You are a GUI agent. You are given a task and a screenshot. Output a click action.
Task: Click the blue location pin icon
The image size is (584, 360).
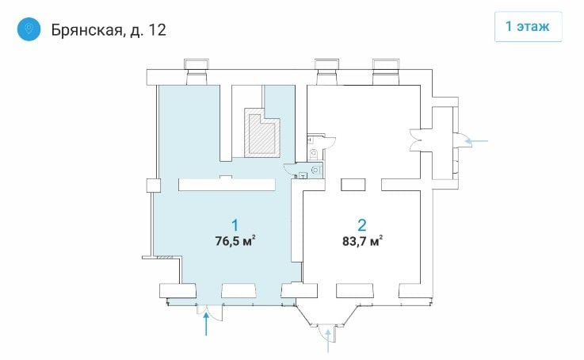click(29, 29)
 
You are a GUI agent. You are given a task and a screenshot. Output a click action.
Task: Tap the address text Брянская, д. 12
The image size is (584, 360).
click(109, 30)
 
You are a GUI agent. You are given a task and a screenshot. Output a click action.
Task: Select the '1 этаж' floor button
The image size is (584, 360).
click(528, 26)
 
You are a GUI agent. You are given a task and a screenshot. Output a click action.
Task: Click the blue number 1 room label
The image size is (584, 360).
click(235, 225)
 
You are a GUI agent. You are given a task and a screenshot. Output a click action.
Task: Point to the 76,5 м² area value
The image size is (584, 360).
click(235, 241)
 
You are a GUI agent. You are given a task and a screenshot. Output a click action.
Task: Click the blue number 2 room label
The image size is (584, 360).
click(361, 225)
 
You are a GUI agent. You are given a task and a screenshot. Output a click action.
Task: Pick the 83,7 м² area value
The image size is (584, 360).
click(362, 241)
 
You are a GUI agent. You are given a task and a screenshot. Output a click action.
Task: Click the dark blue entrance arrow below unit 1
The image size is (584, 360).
click(206, 324)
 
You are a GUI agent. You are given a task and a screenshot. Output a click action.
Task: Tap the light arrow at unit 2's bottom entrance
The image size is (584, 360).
click(328, 341)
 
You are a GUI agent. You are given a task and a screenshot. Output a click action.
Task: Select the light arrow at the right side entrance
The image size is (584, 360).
click(477, 141)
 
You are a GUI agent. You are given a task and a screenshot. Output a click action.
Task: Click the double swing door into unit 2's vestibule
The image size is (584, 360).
click(415, 140)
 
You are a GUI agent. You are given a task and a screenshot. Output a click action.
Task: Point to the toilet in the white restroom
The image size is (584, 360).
click(315, 153)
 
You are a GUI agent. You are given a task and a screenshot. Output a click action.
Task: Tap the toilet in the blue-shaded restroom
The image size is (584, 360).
click(315, 170)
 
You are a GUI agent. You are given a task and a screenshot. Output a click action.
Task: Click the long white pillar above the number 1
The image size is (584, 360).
click(227, 185)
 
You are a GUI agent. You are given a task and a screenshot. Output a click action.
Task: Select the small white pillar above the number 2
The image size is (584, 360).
click(353, 185)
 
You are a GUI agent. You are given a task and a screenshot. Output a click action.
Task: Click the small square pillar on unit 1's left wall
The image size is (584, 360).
click(154, 186)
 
